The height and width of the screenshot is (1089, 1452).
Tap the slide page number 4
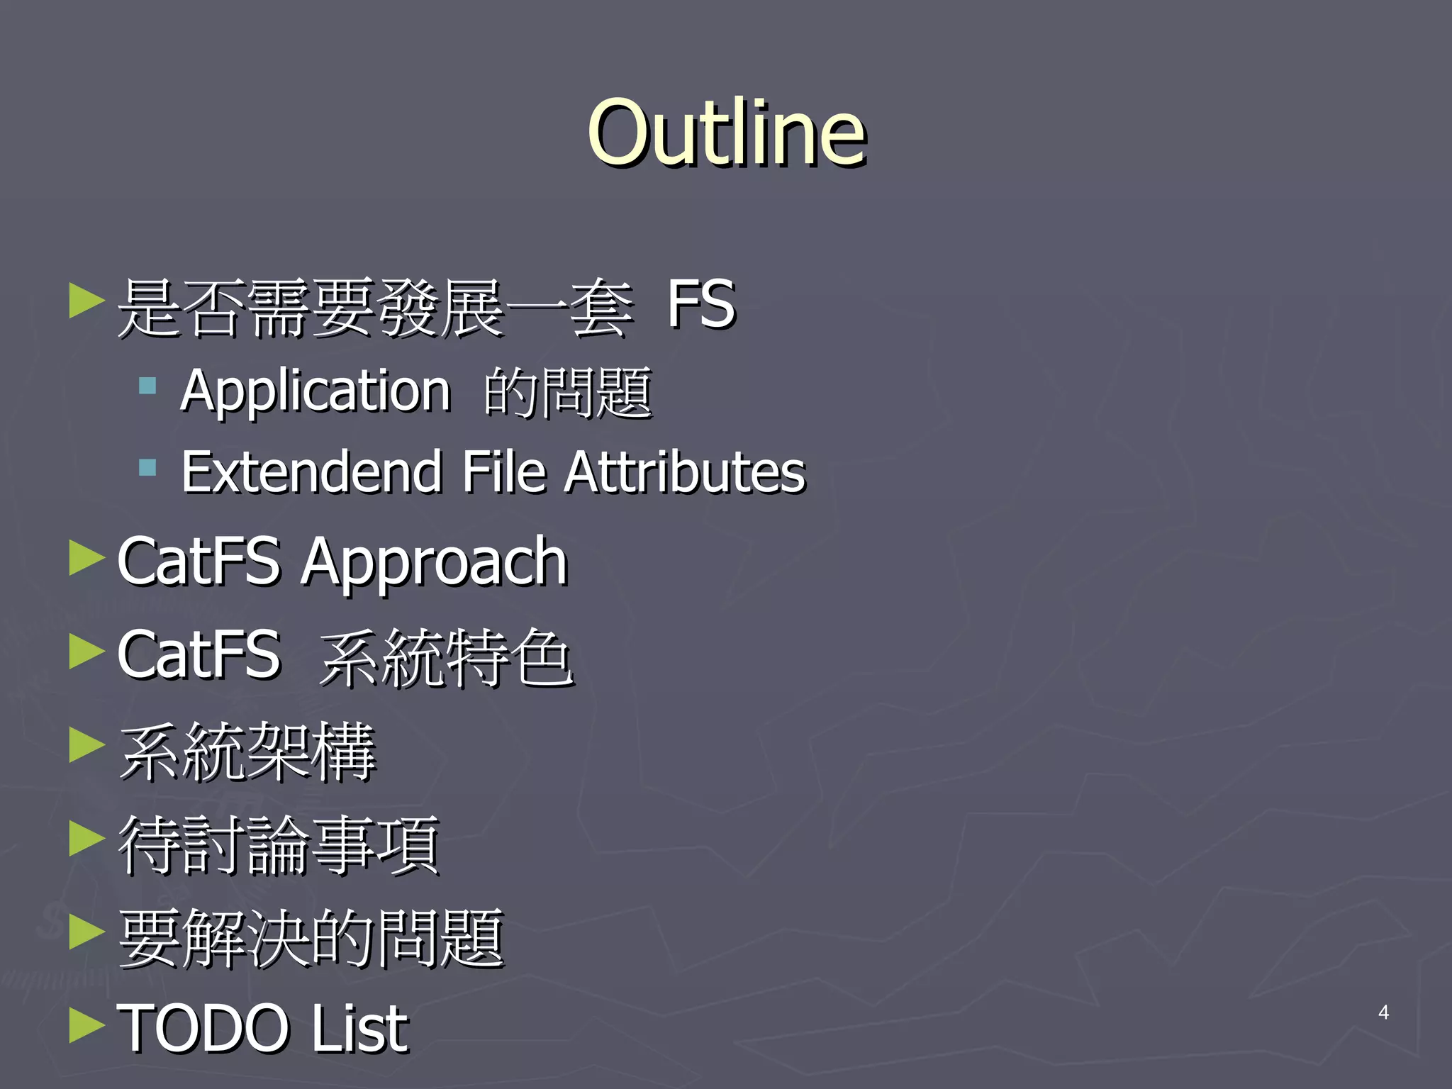click(x=1383, y=1012)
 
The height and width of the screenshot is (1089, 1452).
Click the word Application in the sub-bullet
click(x=315, y=391)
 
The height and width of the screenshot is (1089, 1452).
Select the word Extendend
click(x=312, y=471)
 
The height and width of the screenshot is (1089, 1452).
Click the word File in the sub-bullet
click(x=504, y=471)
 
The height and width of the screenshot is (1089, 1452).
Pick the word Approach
click(x=434, y=562)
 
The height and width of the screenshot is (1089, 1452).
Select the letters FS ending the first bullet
click(x=700, y=305)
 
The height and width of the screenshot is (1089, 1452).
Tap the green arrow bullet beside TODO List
click(x=86, y=1025)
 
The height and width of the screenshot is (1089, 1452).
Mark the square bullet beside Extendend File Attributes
click(x=147, y=467)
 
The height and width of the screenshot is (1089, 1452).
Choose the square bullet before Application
click(x=147, y=386)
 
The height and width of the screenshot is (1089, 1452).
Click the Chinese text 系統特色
click(x=446, y=657)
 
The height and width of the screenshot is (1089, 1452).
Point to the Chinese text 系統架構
click(x=247, y=751)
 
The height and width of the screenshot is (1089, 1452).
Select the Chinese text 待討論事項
click(x=279, y=844)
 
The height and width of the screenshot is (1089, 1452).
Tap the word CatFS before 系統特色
click(x=199, y=655)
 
